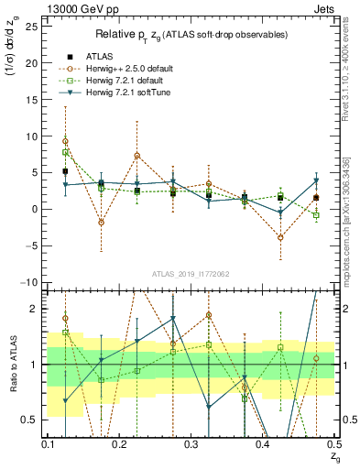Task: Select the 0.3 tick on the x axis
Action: click(191, 444)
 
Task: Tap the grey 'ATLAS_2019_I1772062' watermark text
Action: click(191, 274)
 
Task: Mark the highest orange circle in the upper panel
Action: click(65, 141)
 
